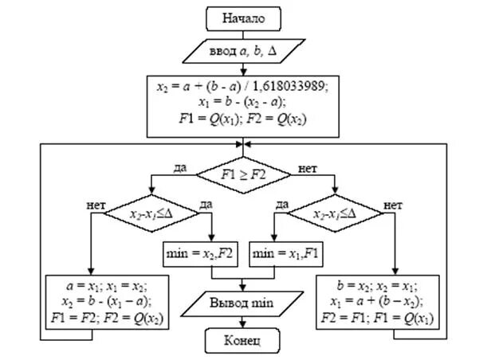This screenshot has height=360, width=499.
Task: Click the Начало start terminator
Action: (x=243, y=17)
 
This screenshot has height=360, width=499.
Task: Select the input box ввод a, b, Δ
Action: (x=243, y=51)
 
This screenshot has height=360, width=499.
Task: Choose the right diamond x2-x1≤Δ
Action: (x=335, y=213)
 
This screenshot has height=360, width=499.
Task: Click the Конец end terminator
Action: (x=243, y=342)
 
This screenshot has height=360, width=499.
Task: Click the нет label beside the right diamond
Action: (x=393, y=205)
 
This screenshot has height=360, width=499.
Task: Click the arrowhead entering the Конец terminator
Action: (x=243, y=327)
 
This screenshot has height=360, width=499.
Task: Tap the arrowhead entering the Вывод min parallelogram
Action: (x=243, y=288)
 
